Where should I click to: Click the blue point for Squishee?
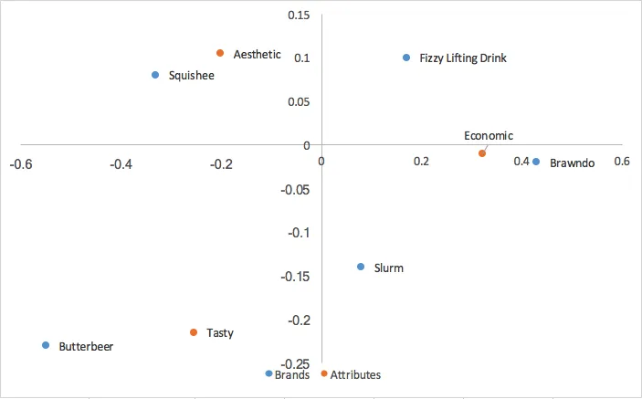coord(155,75)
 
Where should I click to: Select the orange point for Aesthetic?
coord(220,53)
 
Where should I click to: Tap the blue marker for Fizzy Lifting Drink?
coord(406,58)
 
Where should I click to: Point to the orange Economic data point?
coord(482,153)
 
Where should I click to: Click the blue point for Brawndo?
coord(536,162)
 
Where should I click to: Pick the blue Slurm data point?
coord(361,267)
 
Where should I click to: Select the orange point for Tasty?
coord(194,332)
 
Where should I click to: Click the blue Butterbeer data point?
coord(46,345)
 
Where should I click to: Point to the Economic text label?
coord(489,136)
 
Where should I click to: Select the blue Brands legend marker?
coord(268,373)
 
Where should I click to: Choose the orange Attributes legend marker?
coord(324,373)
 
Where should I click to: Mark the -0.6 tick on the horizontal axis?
coord(21,163)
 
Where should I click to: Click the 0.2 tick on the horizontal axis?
coord(420,162)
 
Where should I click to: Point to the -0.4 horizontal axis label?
coord(121,163)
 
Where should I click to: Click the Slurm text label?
coord(389,268)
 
